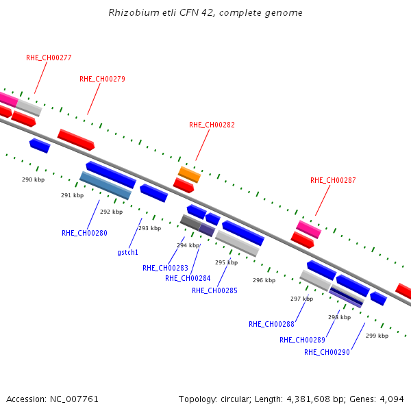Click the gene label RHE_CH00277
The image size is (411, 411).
pyautogui.click(x=49, y=58)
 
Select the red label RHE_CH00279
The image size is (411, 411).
pyautogui.click(x=102, y=79)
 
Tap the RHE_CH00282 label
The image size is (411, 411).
pyautogui.click(x=212, y=125)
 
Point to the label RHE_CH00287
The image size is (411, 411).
pyautogui.click(x=333, y=180)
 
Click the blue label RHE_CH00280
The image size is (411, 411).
pyautogui.click(x=84, y=233)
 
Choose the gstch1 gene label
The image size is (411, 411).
pyautogui.click(x=127, y=252)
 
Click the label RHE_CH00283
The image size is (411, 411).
pyautogui.click(x=165, y=268)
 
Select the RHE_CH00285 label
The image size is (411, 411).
pyautogui.click(x=214, y=290)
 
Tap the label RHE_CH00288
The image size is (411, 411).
pyautogui.click(x=271, y=324)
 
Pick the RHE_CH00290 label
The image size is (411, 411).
pyautogui.click(x=327, y=352)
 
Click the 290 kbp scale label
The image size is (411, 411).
pyautogui.click(x=34, y=179)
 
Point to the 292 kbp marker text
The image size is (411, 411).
pyautogui.click(x=112, y=212)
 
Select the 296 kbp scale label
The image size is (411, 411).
pyautogui.click(x=264, y=280)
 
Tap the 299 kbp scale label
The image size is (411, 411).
pyautogui.click(x=377, y=336)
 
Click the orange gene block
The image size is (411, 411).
pyautogui.click(x=190, y=175)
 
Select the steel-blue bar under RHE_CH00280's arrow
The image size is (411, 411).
pyautogui.click(x=105, y=186)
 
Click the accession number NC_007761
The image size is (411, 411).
pyautogui.click(x=74, y=399)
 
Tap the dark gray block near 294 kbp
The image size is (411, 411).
pyautogui.click(x=191, y=223)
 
